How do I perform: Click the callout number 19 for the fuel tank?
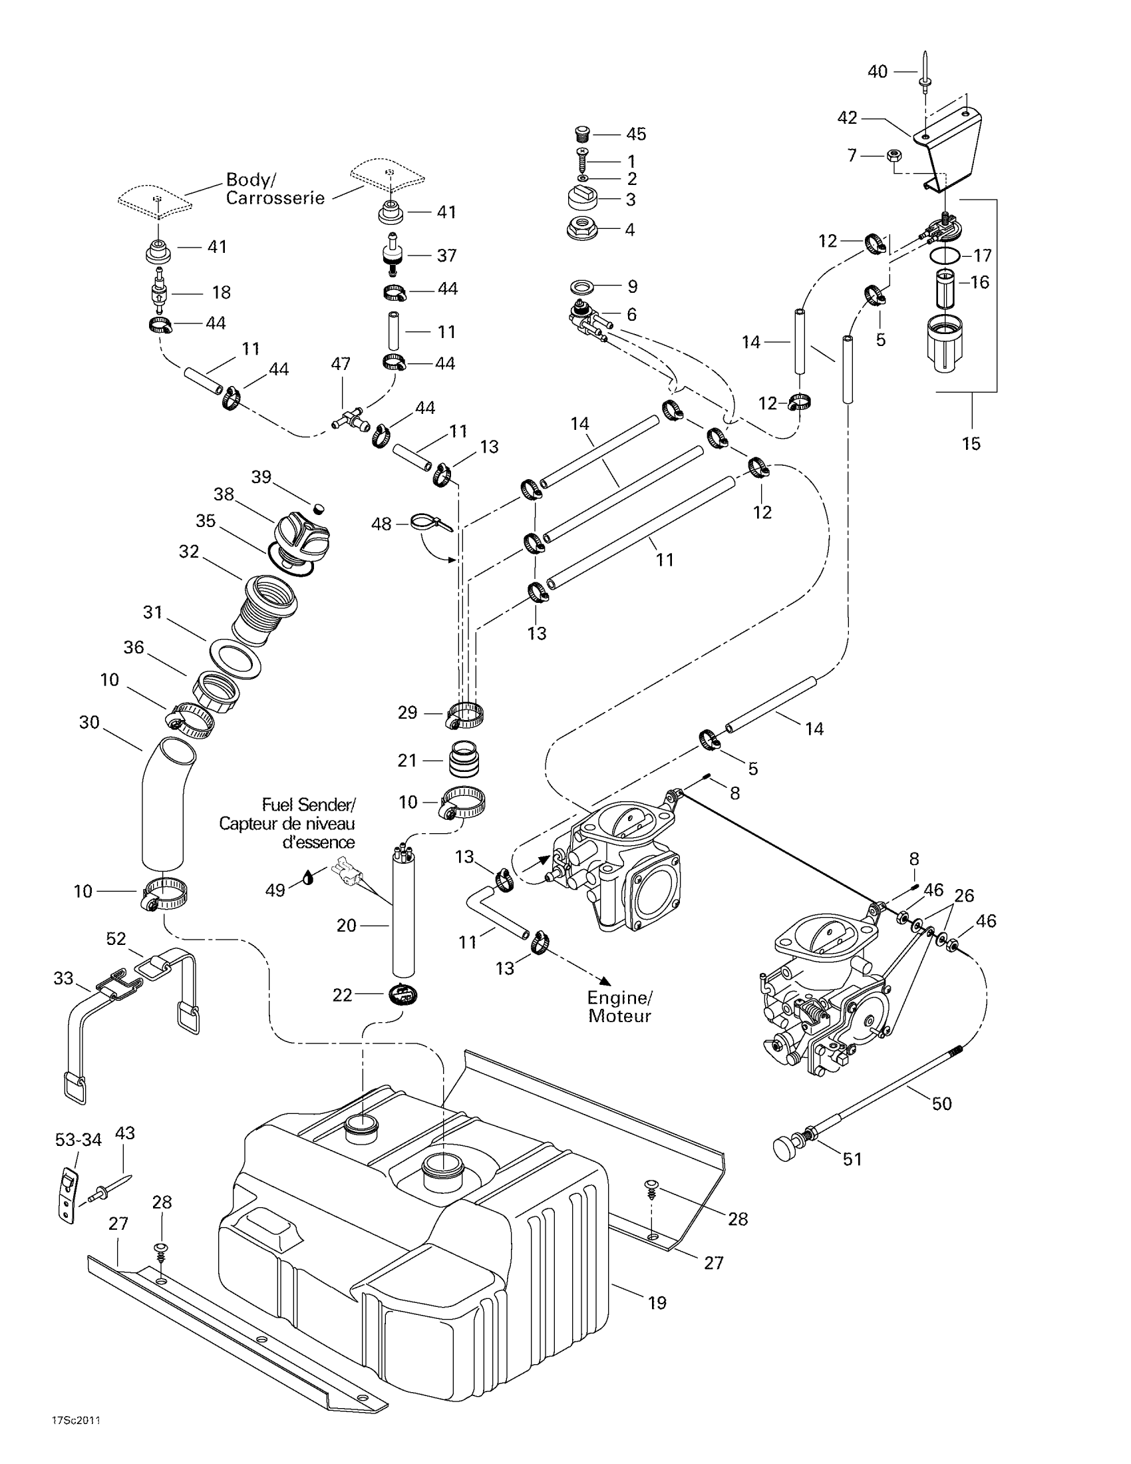tap(657, 1302)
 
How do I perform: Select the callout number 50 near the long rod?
tap(941, 1103)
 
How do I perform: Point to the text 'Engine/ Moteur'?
tap(620, 1007)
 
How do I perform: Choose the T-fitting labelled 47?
tap(350, 421)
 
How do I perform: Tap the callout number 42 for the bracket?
tap(847, 118)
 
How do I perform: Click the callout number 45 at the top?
tap(636, 134)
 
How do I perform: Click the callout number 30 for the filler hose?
tap(89, 722)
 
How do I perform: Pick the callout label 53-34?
tap(79, 1139)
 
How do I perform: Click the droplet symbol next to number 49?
tap(307, 878)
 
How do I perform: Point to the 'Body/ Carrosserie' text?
tap(275, 189)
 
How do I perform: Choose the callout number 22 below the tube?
tap(342, 996)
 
